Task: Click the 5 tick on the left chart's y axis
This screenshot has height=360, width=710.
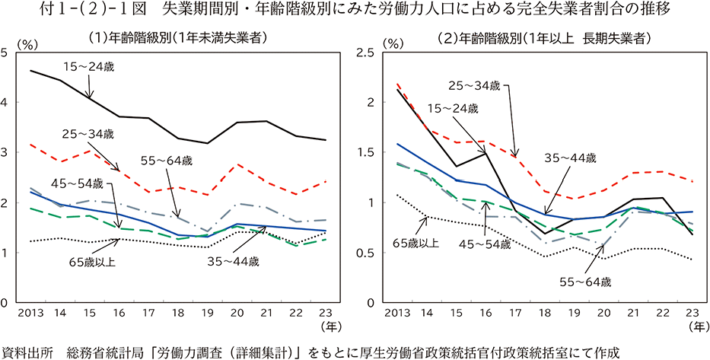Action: tap(5, 52)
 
